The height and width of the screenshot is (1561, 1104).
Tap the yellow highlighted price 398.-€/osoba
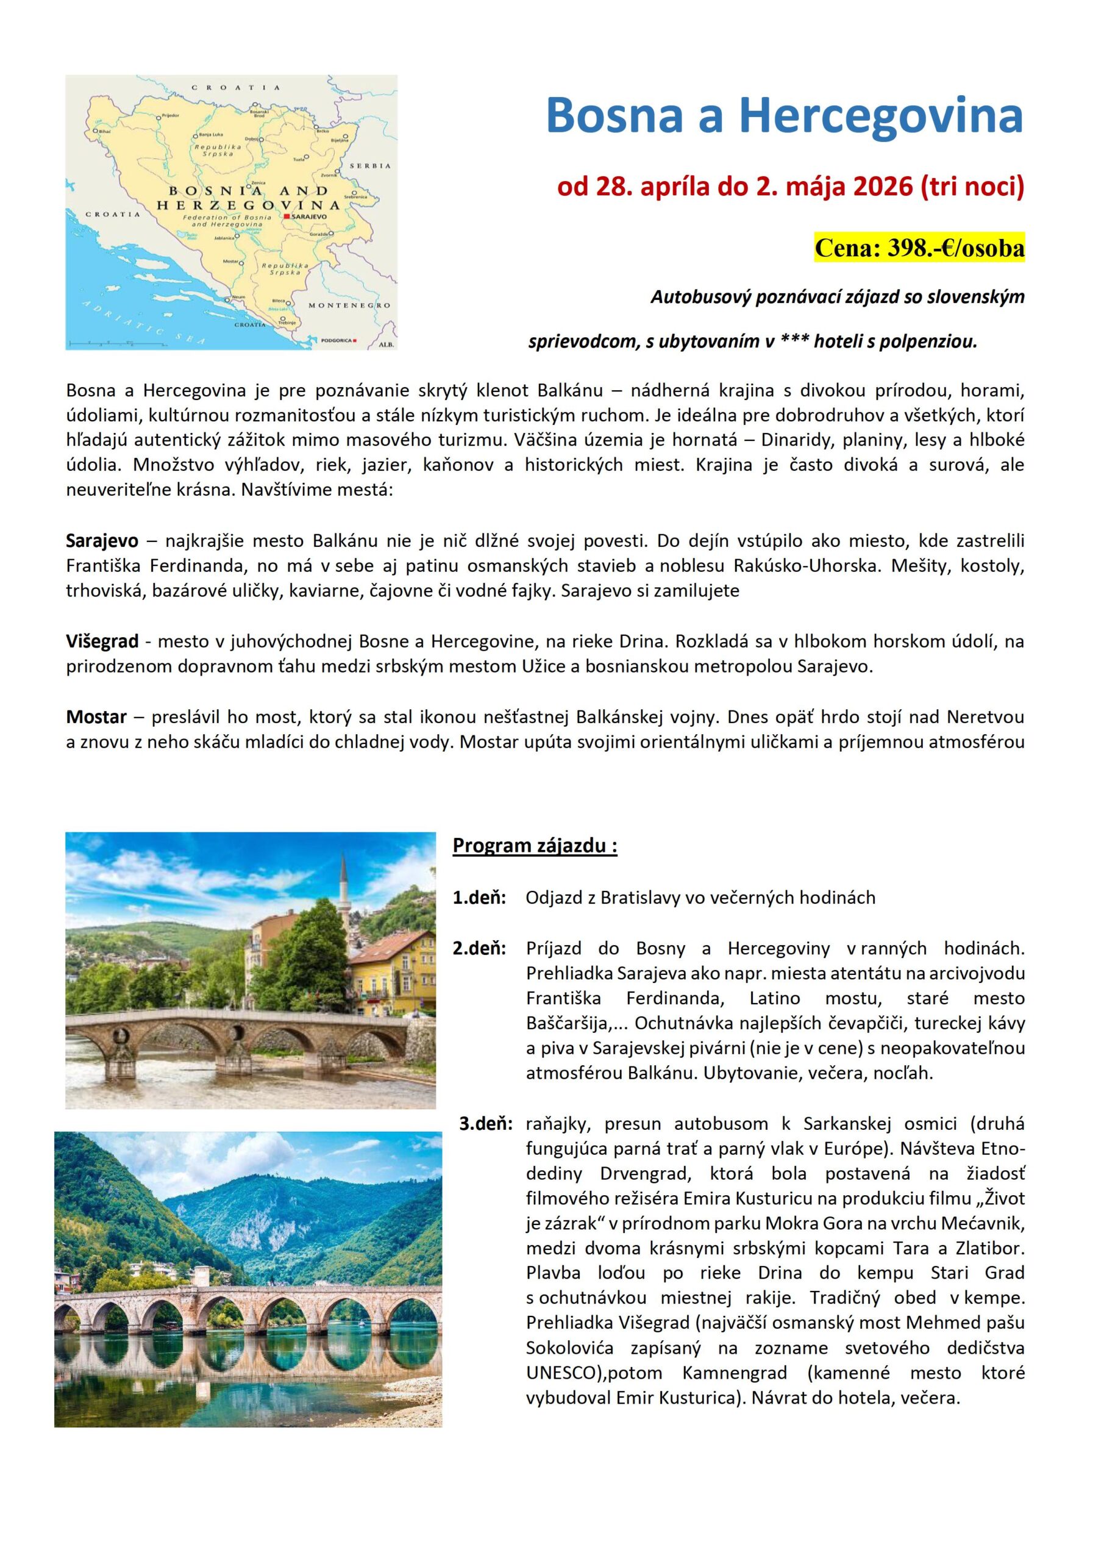point(919,248)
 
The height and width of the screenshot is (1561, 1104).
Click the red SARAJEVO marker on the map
point(288,216)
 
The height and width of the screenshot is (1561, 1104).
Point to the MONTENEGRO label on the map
point(349,305)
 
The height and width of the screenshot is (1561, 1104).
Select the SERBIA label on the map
point(370,166)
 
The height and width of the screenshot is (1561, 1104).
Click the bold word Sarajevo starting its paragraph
point(102,541)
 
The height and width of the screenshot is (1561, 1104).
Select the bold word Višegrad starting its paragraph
point(102,641)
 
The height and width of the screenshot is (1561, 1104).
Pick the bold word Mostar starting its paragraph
point(96,716)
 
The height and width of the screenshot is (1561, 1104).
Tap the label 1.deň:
point(479,898)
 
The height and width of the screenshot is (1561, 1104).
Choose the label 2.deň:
point(479,948)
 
